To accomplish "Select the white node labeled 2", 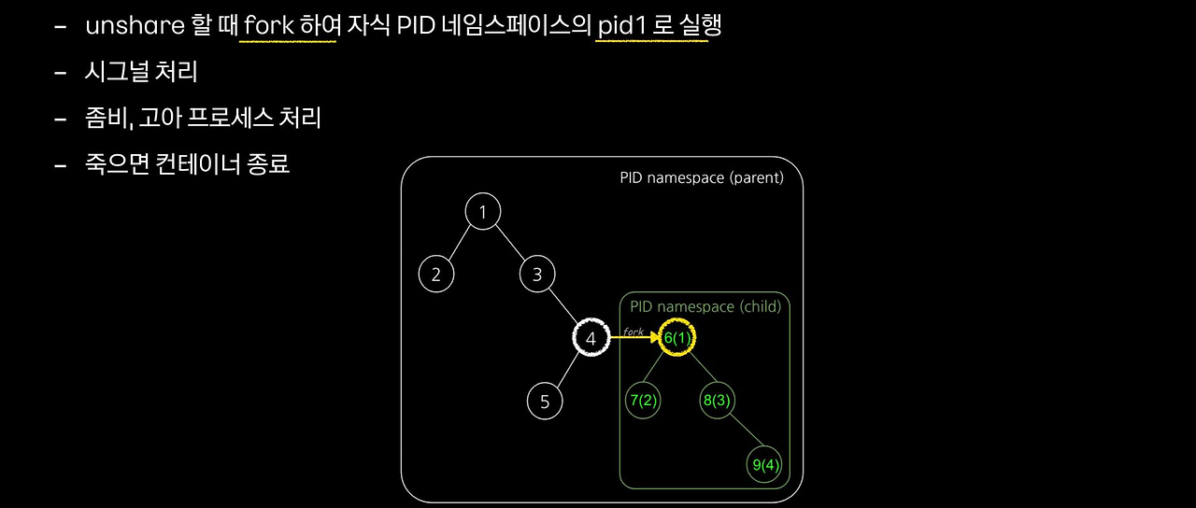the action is point(435,275).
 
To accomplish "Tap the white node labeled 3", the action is point(536,275).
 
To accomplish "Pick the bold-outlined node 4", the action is point(591,339).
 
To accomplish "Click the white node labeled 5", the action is point(545,402).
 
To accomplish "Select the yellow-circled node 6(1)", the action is point(676,338).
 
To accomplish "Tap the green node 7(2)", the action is point(643,401).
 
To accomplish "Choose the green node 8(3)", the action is point(718,401).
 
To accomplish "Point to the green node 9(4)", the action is point(764,464).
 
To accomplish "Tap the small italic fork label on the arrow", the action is point(634,331).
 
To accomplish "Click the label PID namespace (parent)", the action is point(701,177).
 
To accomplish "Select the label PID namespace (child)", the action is point(705,306).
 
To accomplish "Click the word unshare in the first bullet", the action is point(135,26).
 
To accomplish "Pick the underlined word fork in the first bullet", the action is point(268,26).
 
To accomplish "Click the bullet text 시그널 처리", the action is point(140,72).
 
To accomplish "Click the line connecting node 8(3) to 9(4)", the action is point(741,432).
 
